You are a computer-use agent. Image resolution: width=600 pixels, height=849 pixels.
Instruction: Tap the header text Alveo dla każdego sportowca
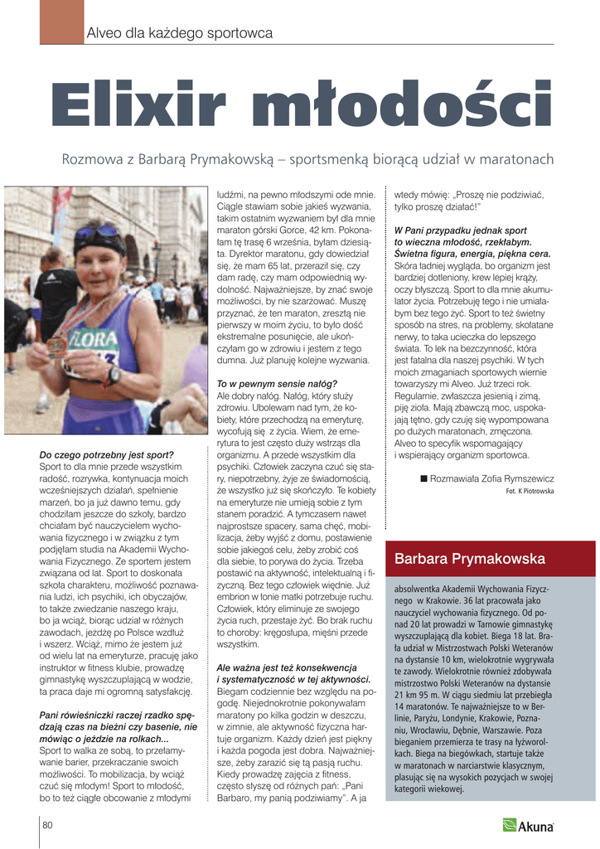180,33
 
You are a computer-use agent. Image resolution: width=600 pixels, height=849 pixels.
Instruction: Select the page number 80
48,824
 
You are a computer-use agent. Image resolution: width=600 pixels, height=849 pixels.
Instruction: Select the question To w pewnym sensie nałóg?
277,384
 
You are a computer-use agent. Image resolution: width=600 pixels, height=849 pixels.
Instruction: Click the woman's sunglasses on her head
99,233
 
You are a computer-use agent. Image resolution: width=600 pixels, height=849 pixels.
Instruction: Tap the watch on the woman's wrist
114,374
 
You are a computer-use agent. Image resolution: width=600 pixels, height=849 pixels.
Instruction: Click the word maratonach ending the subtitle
513,159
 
